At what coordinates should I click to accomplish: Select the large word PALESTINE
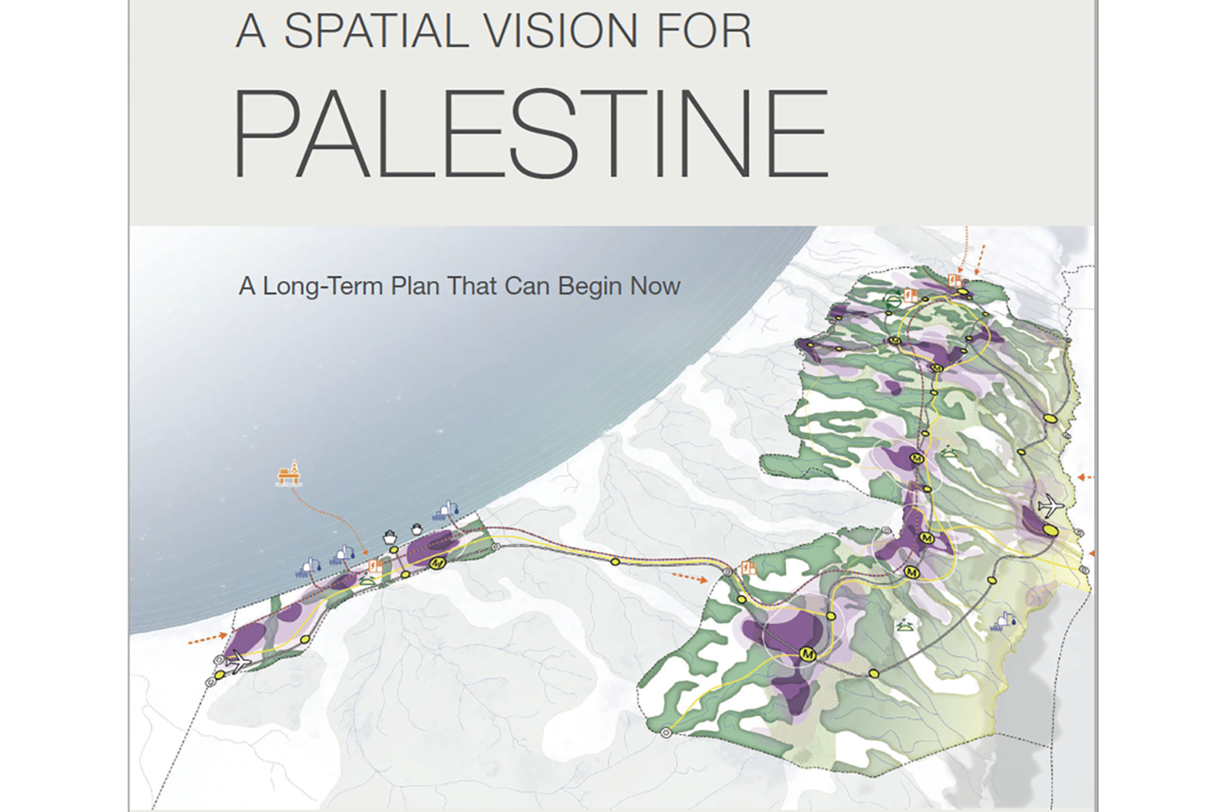click(530, 134)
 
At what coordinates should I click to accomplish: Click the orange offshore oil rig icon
click(289, 474)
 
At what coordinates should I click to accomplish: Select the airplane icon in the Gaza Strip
click(239, 661)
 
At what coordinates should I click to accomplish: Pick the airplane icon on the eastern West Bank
click(1049, 506)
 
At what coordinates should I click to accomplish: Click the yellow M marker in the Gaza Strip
click(436, 564)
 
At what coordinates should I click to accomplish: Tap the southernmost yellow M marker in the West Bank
click(808, 653)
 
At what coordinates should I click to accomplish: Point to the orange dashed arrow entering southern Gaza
click(206, 639)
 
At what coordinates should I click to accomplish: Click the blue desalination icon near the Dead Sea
click(1003, 621)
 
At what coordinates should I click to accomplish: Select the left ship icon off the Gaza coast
click(390, 536)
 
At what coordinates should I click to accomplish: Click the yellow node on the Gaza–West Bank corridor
click(616, 561)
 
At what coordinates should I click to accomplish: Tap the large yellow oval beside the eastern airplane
click(1049, 529)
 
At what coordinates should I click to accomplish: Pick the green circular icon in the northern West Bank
click(894, 299)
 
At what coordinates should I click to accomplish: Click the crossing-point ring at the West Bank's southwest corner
click(666, 733)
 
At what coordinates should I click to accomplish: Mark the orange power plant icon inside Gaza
click(375, 568)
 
